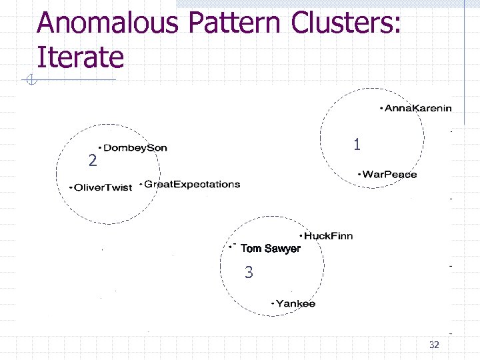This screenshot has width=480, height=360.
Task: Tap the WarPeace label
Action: (390, 175)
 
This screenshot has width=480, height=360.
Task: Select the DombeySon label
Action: (135, 147)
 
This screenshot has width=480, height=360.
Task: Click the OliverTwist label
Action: (103, 188)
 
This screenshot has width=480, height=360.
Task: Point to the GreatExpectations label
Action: (192, 184)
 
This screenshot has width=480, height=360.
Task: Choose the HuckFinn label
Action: (329, 236)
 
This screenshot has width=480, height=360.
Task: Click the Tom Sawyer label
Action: (271, 249)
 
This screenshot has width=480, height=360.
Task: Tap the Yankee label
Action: (296, 304)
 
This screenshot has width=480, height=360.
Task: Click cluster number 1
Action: (357, 144)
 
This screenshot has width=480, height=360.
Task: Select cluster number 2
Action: (93, 161)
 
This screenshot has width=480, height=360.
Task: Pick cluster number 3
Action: (249, 272)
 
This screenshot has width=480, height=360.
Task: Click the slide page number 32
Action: (434, 345)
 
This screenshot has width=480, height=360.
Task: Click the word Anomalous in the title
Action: (108, 24)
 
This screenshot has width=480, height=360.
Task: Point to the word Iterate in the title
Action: (81, 57)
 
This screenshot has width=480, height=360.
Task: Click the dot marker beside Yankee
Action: (273, 304)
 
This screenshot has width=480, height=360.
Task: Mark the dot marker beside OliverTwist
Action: (71, 188)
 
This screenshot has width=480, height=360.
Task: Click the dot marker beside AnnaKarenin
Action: (381, 108)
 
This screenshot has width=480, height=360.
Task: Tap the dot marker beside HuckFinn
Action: (301, 236)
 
